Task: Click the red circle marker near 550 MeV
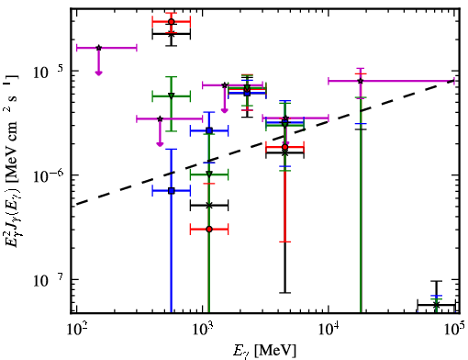(172, 22)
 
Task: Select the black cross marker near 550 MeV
(172, 34)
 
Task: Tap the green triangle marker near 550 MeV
(172, 96)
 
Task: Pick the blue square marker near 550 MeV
(172, 191)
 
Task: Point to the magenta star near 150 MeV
(98, 48)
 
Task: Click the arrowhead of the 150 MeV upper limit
(98, 73)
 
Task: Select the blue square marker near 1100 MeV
(209, 130)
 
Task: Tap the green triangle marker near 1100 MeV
(209, 174)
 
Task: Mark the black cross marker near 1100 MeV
(209, 206)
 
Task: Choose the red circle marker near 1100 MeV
(209, 229)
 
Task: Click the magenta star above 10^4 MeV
(361, 81)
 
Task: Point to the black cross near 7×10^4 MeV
(436, 305)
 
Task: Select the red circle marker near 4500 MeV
(285, 147)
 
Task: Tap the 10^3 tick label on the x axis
(203, 329)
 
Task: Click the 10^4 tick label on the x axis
(329, 329)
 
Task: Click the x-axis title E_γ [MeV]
(264, 351)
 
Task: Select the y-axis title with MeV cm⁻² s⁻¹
(13, 160)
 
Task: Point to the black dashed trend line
(265, 142)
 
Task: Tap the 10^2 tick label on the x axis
(76, 329)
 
